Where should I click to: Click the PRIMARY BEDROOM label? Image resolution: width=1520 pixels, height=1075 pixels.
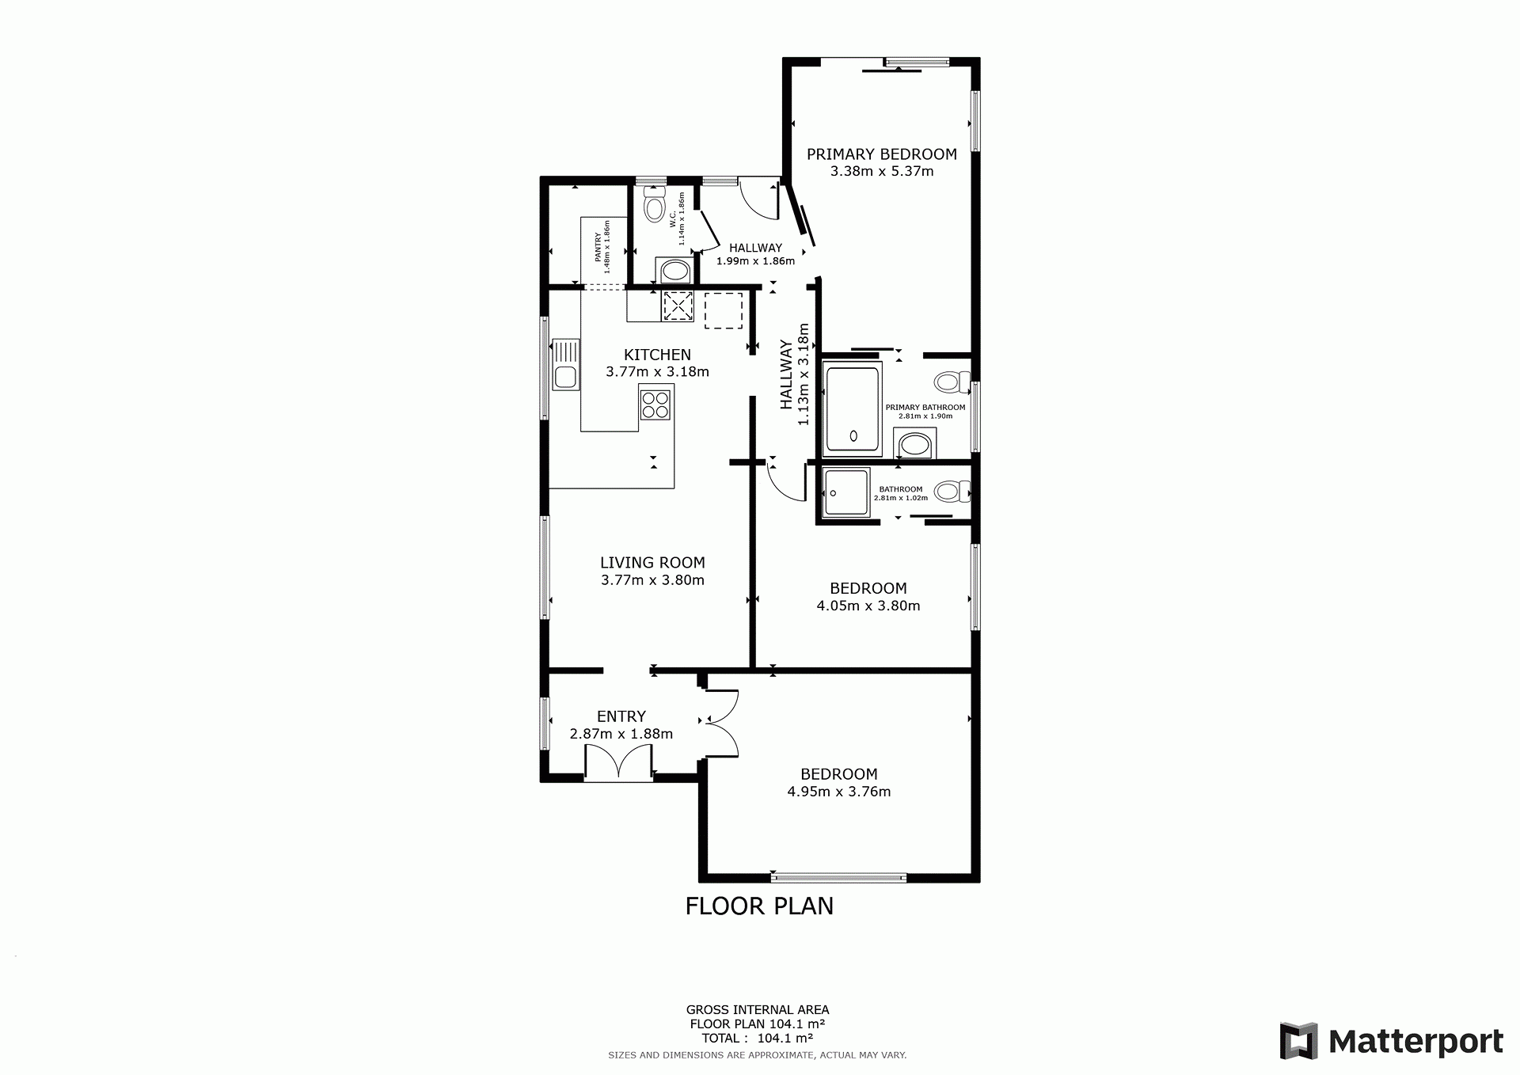point(882,154)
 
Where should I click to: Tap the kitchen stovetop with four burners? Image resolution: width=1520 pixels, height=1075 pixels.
point(655,405)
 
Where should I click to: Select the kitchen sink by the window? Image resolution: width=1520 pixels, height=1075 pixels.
point(565,364)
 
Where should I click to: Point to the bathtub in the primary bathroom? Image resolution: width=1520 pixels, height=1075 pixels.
point(853,408)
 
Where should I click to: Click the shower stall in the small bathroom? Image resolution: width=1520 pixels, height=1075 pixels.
point(846,492)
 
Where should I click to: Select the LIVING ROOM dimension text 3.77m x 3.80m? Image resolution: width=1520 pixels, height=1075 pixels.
point(652,580)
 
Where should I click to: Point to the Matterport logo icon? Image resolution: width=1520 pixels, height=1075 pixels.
point(1299,1041)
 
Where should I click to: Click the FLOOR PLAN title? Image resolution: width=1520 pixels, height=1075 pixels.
point(759,906)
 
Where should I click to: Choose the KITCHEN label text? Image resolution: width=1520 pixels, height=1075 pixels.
point(657,355)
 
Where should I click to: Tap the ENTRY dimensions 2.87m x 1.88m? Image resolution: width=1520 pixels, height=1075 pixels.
point(621,734)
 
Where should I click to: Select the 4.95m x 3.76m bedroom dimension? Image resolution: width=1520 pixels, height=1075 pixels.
point(839,792)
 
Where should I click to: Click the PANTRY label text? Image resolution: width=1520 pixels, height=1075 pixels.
point(598,246)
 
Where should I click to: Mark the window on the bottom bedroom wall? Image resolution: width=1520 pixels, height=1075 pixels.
point(839,877)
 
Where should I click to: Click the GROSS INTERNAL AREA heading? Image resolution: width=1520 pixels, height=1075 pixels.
point(758,1009)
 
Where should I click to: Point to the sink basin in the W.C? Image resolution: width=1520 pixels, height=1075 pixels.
point(674,272)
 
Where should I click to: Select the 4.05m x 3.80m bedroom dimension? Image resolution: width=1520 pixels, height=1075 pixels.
point(868,606)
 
